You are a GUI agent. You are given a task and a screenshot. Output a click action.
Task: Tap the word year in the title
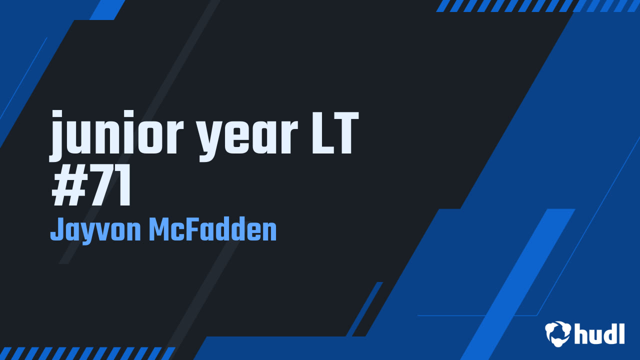[x=248, y=139]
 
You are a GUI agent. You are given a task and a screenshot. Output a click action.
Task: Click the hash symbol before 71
[x=69, y=185]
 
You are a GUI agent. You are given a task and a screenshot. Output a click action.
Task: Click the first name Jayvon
[x=95, y=230]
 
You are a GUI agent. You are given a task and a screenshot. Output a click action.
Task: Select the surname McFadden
[x=213, y=229]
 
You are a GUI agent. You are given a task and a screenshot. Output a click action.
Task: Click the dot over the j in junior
[x=57, y=115]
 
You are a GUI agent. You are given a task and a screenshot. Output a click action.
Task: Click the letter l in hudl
[x=621, y=333]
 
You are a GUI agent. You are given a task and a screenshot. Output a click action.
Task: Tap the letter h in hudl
[x=580, y=333]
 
